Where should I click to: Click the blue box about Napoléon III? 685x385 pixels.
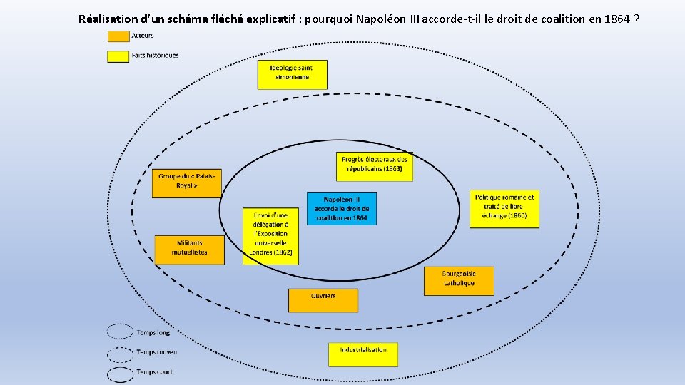click(342, 208)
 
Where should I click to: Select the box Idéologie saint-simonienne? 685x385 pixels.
click(292, 74)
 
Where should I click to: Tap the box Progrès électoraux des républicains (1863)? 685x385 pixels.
click(375, 166)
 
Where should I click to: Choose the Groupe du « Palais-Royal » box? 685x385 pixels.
click(186, 183)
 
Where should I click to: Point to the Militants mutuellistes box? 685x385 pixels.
click(189, 249)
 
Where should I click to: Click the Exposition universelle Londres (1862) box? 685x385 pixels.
click(270, 236)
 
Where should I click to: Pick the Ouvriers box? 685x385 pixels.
click(323, 300)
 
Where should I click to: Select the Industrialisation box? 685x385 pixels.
click(363, 354)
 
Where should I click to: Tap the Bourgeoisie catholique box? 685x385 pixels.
click(459, 281)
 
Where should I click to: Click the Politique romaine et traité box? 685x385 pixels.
click(504, 208)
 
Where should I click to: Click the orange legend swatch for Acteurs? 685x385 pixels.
click(118, 36)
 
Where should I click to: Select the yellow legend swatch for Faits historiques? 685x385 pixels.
click(118, 56)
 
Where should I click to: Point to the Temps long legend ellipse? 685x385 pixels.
click(120, 332)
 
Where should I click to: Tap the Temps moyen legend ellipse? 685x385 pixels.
click(120, 354)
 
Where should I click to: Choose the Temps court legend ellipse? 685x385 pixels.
click(120, 374)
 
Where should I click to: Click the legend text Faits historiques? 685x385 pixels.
click(156, 55)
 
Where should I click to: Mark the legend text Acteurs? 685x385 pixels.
click(143, 35)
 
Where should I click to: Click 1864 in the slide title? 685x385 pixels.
click(617, 19)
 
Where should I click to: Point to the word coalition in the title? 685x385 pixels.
click(559, 19)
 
